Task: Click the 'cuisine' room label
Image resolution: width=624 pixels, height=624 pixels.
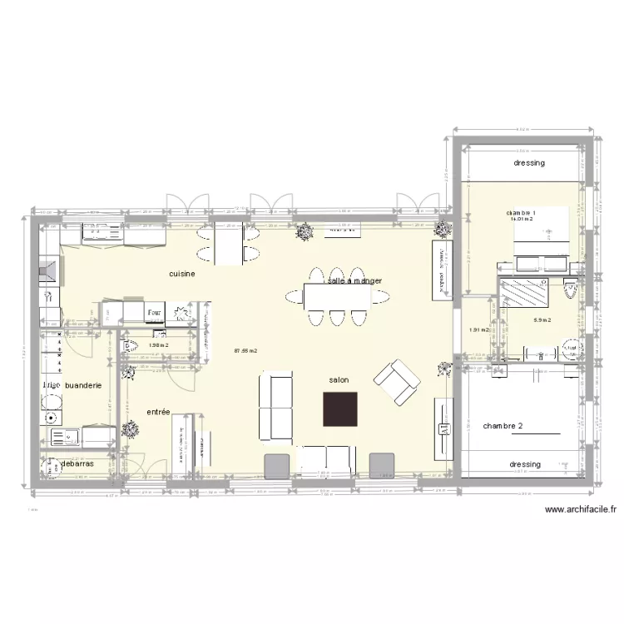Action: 181,273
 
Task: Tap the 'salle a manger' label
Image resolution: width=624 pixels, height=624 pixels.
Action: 355,280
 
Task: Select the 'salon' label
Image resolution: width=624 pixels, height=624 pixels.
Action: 339,379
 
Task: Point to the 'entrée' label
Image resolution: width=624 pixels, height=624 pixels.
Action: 158,412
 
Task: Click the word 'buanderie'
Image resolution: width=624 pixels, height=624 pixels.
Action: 83,385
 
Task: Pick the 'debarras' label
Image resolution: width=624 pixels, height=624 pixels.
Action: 77,463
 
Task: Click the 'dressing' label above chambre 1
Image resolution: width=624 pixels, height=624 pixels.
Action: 529,163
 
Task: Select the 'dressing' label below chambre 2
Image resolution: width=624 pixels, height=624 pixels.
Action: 525,464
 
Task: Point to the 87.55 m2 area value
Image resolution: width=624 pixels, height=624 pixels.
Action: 245,351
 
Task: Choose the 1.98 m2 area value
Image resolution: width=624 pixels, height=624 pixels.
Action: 158,345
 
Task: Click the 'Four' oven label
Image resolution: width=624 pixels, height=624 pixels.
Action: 155,313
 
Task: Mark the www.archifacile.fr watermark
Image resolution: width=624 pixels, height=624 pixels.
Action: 579,510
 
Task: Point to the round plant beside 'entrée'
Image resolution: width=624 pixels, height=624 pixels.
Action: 131,429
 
